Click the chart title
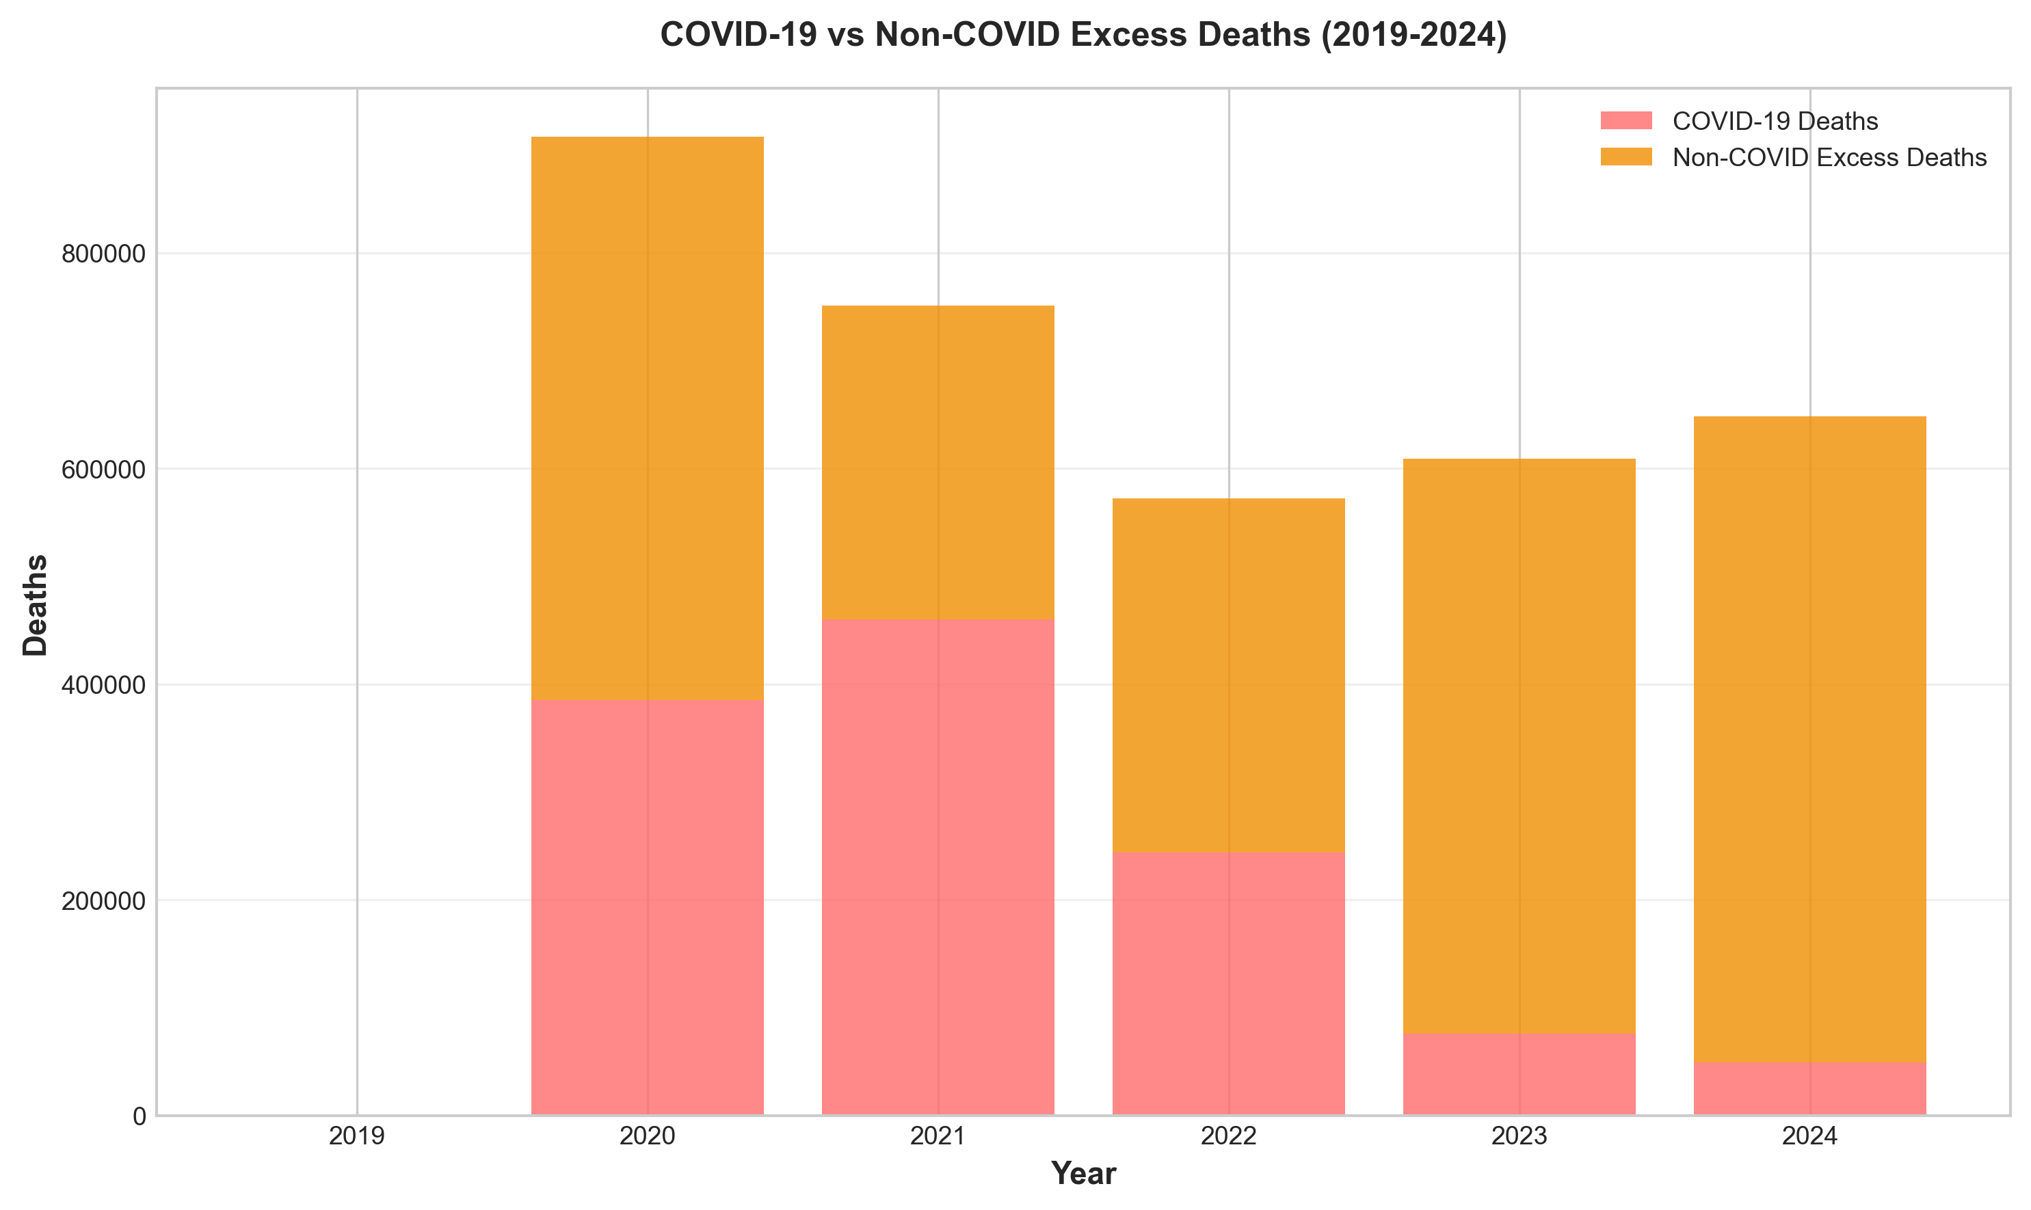coord(1083,35)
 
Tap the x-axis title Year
coord(1083,1173)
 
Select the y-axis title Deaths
coord(36,605)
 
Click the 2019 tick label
coord(356,1135)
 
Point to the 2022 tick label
coord(1228,1135)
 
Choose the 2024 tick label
coord(1809,1135)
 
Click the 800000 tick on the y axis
coord(103,254)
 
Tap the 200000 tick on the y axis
coord(103,901)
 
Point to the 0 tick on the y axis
coord(139,1116)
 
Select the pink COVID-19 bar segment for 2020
coord(647,906)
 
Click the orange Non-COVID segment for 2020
coord(647,418)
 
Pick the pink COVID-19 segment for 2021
coord(938,867)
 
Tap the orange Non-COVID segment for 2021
coord(938,462)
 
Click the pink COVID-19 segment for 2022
coord(1228,983)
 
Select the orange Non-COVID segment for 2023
coord(1519,746)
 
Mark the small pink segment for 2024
coord(1809,1088)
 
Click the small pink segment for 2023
coord(1519,1074)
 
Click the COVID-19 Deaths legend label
coord(1775,122)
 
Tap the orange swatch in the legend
coord(1625,157)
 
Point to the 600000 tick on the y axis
coord(103,470)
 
